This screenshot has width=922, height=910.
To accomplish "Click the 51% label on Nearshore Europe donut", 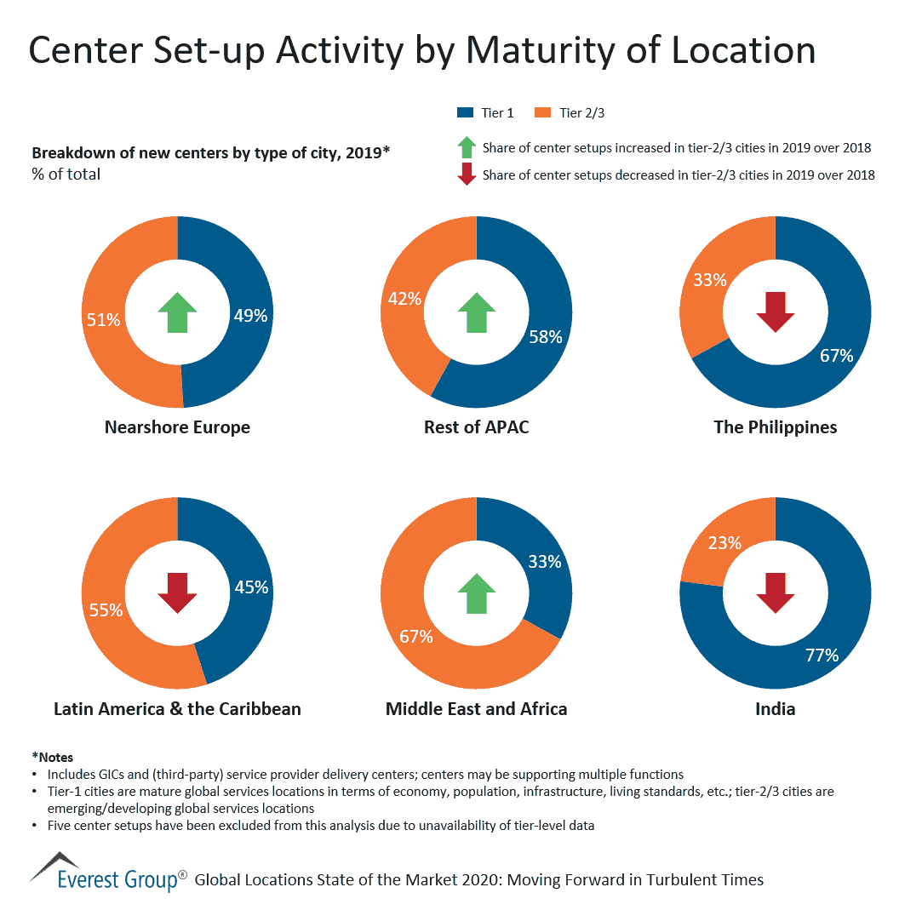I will pos(103,320).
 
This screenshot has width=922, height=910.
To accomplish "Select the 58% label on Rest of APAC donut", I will pos(545,337).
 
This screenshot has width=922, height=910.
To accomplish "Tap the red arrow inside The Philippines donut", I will pos(776,312).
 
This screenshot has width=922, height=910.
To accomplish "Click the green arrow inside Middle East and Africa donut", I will pos(477,592).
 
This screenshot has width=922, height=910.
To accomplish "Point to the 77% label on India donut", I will pos(822,655).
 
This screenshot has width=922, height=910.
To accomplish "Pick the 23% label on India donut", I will pos(724,542).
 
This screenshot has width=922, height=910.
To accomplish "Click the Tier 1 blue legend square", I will pos(465,112).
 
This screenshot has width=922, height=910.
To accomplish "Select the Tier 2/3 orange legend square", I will pos(541,112).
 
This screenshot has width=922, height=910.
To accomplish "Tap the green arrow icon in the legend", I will pos(466,147).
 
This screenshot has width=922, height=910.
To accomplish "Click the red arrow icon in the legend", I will pos(466,175).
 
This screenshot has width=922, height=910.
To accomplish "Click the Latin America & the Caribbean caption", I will pos(177,708).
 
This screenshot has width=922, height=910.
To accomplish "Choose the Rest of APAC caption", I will pos(477,426).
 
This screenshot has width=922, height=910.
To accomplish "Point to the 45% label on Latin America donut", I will pos(251,587).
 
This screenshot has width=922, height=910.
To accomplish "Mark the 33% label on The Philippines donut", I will pos(709,279).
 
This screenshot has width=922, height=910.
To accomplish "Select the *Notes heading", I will pos(53,757).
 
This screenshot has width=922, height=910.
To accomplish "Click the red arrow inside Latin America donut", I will pos(177,592).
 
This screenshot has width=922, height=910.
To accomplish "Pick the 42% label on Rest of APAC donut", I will pos(404,298).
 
